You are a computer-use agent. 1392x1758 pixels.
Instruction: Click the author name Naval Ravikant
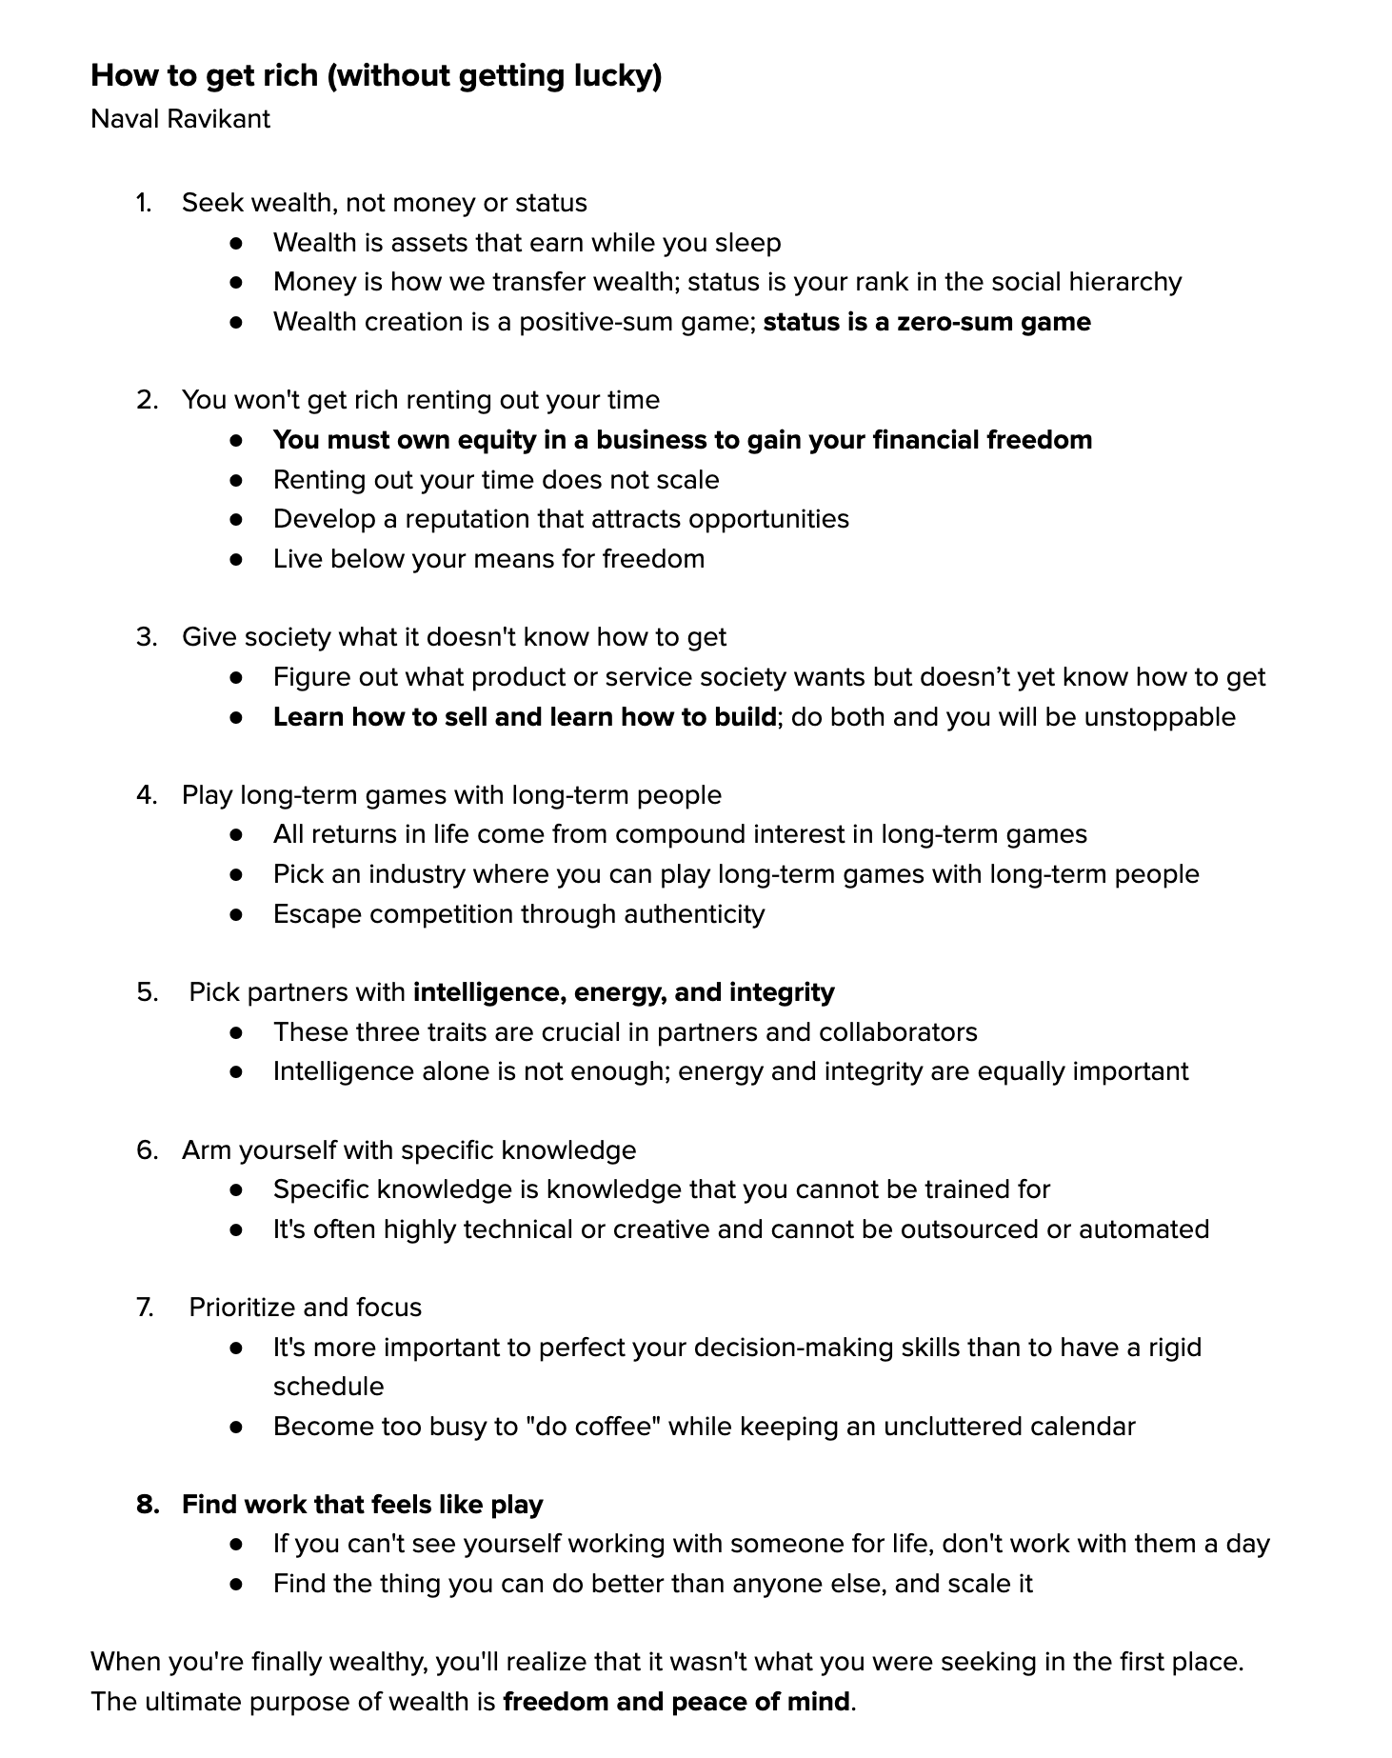pos(180,119)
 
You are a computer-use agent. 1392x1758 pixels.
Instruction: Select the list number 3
pos(146,637)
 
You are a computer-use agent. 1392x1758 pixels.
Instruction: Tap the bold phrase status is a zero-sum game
pos(926,322)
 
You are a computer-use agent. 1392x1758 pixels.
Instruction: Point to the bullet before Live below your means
pos(237,559)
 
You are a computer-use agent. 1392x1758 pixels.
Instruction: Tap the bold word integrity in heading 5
pos(782,992)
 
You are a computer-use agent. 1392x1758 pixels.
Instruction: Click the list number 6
pos(146,1150)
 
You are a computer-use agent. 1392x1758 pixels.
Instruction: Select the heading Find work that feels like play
pos(362,1505)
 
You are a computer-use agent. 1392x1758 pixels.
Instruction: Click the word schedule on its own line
pos(328,1387)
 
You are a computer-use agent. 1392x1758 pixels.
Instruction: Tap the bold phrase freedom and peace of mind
pos(676,1702)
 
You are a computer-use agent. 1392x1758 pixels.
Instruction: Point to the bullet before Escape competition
pos(237,915)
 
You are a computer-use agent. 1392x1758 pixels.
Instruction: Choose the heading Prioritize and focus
pos(305,1308)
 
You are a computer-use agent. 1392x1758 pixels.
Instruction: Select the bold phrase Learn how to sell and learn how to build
pos(525,717)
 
